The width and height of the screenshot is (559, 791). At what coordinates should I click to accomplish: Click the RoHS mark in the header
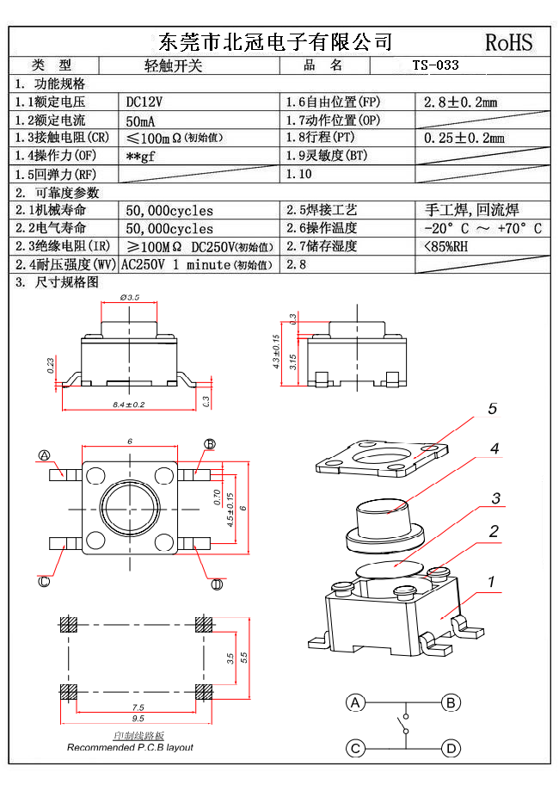(x=509, y=42)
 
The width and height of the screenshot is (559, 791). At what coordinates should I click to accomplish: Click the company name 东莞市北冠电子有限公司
(x=276, y=41)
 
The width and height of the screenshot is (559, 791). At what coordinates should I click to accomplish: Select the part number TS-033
(x=435, y=65)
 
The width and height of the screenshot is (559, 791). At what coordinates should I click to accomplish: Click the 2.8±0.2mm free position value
(x=461, y=102)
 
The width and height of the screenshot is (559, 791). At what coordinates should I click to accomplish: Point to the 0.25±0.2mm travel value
(x=464, y=138)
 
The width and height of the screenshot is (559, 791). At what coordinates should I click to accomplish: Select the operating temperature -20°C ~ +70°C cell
(x=482, y=228)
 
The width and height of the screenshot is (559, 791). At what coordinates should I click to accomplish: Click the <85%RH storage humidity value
(x=445, y=247)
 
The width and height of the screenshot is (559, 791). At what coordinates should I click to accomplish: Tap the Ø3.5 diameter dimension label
(x=131, y=297)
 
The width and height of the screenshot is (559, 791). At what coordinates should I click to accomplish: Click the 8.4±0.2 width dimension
(x=129, y=404)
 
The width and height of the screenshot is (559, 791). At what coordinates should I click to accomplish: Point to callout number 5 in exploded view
(x=493, y=409)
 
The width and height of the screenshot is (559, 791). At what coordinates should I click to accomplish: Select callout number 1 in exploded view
(x=492, y=583)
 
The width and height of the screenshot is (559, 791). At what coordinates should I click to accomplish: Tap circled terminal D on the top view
(x=217, y=584)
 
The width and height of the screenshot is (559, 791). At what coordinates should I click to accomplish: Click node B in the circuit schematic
(x=450, y=703)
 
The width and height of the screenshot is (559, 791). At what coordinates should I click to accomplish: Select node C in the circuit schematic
(x=355, y=747)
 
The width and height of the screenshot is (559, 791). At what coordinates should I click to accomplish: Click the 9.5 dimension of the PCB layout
(x=138, y=718)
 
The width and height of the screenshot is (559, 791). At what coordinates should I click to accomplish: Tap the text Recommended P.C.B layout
(x=130, y=747)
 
